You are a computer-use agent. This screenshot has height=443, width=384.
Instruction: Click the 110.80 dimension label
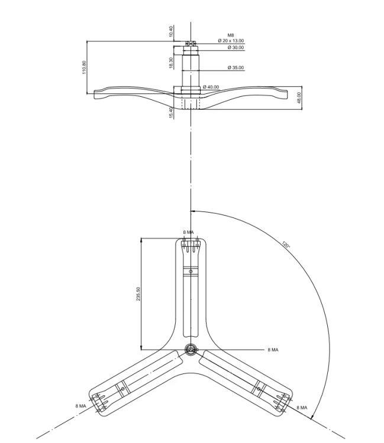84,67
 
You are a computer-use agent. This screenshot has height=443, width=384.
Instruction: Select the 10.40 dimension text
170,31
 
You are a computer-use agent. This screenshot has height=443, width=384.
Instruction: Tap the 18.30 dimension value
171,63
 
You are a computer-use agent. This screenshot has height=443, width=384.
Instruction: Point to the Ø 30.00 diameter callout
235,47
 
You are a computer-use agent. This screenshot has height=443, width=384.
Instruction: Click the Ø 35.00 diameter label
235,67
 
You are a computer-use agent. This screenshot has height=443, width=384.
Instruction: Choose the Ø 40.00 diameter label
211,87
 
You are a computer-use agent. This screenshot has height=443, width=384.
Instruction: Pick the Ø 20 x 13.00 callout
231,41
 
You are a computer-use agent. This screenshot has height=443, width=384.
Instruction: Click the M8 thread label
231,35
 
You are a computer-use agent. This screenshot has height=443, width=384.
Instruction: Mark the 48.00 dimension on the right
299,97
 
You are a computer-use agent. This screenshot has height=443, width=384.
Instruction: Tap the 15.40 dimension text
171,113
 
